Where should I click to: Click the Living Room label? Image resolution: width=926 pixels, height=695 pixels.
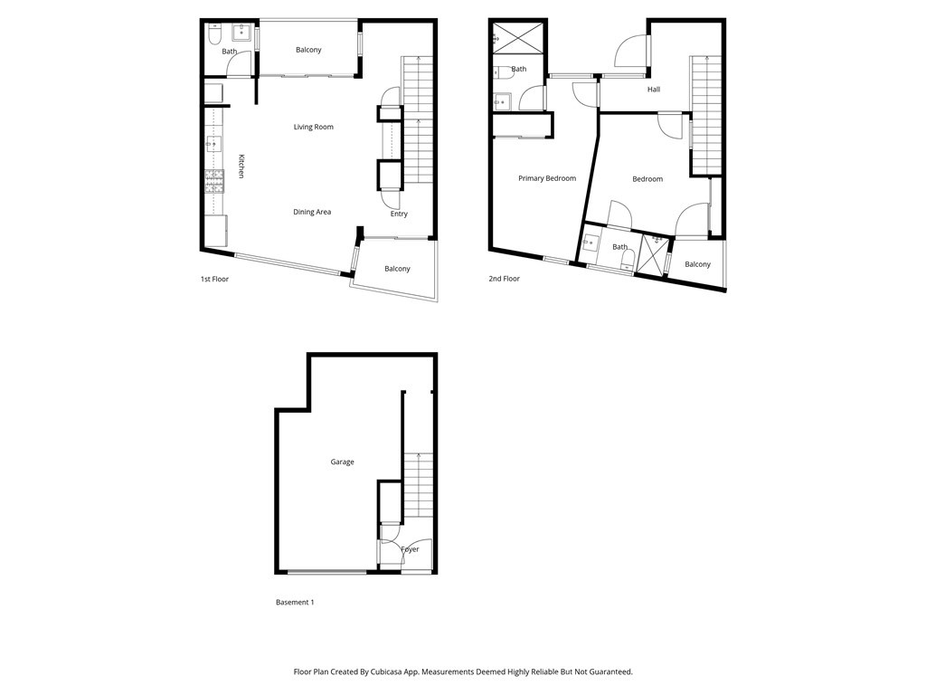coord(313,127)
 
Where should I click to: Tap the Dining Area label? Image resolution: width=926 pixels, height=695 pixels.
coord(312,212)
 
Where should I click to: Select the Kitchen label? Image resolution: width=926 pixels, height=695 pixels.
coord(241,166)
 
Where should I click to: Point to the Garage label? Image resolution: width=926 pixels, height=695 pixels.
coord(342,462)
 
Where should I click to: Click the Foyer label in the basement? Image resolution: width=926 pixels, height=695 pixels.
coord(410,549)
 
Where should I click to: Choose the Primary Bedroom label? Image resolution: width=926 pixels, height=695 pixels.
coord(546,178)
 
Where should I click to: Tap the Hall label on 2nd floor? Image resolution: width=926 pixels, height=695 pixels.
coord(653,90)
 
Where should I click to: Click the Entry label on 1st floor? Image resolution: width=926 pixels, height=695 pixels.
coord(399,214)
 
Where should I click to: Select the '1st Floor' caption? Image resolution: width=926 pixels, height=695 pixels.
coord(214,279)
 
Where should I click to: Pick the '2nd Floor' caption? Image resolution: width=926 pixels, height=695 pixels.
coord(504,279)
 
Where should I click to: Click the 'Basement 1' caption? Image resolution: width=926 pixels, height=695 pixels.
coord(294,602)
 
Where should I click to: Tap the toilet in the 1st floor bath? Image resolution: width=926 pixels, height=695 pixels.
coord(214,35)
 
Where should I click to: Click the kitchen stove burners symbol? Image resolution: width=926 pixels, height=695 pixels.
coord(214,182)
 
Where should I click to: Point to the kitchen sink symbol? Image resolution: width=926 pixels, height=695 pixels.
coord(214,143)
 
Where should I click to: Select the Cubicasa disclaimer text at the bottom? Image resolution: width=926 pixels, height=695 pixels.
coord(463,671)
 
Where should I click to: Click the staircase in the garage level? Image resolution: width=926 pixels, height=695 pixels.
coord(419,485)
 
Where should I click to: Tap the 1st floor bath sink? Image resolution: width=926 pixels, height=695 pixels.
coord(242,33)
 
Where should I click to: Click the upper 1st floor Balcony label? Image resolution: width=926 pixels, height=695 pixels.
coord(308,50)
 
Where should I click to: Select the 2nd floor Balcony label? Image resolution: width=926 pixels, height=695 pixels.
coord(697,264)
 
